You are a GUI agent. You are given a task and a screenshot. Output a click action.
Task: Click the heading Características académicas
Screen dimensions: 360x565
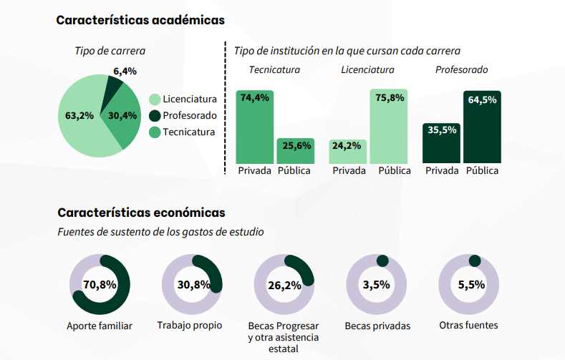click(x=140, y=20)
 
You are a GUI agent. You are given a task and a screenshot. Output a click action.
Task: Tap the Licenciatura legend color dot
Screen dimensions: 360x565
click(x=154, y=99)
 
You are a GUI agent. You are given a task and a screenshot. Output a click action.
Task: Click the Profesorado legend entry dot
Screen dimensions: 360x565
click(x=154, y=116)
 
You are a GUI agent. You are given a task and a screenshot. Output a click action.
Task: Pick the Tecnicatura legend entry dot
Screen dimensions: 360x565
click(x=154, y=132)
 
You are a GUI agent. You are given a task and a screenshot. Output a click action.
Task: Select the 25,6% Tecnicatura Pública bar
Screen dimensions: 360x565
click(x=296, y=151)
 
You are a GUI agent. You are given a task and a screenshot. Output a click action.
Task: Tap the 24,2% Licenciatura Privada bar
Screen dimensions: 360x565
click(x=348, y=152)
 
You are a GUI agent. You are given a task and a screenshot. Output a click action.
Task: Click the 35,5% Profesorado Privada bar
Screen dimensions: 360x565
click(x=441, y=143)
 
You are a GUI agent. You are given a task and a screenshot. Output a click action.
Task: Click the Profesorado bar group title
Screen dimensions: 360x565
click(x=461, y=70)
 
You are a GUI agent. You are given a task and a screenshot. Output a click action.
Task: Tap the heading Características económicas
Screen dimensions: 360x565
click(x=141, y=213)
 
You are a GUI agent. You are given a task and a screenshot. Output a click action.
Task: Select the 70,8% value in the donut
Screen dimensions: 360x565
click(x=100, y=285)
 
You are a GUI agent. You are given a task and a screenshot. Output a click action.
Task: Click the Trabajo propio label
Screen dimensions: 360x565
click(x=190, y=326)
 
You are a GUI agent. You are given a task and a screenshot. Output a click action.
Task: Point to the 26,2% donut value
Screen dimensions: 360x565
click(x=284, y=286)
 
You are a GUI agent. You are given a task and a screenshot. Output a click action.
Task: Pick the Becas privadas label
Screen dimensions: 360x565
click(x=377, y=326)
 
